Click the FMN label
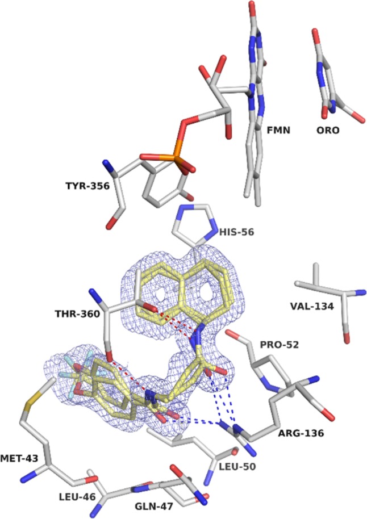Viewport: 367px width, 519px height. pos(280,129)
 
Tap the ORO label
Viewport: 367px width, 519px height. pos(328,130)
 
